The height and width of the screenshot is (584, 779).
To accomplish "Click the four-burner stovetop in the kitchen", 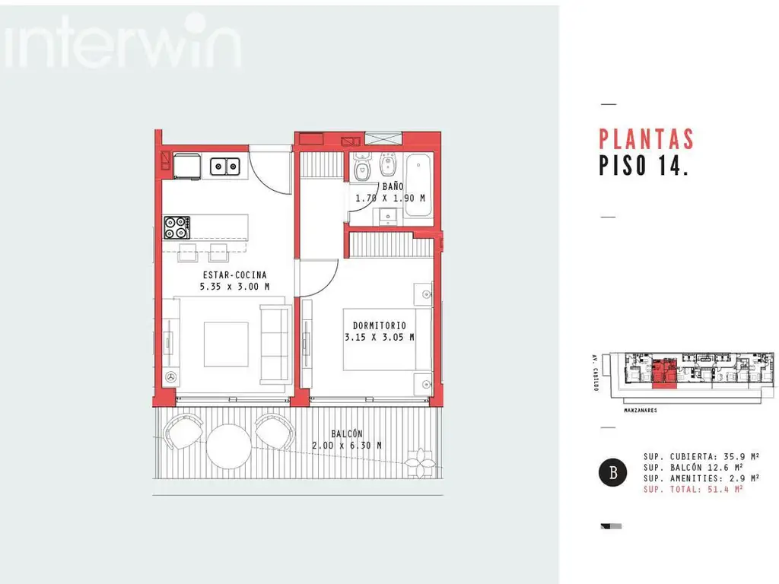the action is click(176, 227).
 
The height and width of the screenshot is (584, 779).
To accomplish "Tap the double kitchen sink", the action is click(225, 167).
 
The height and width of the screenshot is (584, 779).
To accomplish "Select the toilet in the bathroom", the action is click(362, 167).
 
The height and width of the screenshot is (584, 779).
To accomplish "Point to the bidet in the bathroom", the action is click(387, 165).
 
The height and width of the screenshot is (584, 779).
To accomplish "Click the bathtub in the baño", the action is click(418, 185).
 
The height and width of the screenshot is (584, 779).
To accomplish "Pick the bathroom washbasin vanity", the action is click(387, 217).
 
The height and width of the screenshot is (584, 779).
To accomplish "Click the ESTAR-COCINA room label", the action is click(234, 275).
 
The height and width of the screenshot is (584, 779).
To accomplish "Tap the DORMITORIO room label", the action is click(380, 325).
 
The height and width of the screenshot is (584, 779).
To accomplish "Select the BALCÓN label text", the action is click(347, 434).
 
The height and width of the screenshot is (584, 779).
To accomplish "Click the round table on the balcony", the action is click(228, 446).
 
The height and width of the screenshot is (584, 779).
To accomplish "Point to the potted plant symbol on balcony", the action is click(420, 463).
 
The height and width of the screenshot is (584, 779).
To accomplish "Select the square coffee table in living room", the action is click(226, 344).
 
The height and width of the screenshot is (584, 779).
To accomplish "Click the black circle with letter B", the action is click(612, 471).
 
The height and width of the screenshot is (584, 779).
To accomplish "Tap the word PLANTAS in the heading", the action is click(647, 140).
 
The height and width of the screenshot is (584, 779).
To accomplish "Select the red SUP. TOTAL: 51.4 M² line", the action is click(693, 490).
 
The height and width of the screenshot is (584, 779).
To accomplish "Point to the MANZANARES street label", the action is click(641, 411).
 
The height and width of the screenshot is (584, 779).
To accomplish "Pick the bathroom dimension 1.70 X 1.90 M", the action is click(390, 198).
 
